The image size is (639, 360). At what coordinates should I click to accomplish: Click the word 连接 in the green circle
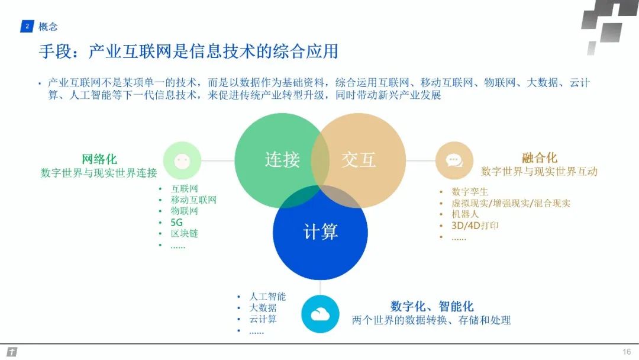(282, 160)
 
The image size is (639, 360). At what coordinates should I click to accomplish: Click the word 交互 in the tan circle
(359, 160)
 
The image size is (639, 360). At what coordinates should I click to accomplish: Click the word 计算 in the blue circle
(320, 232)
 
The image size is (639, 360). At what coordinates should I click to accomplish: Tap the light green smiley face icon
(182, 161)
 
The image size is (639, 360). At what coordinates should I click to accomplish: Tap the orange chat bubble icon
(454, 160)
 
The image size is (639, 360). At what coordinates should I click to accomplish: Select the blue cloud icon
(320, 314)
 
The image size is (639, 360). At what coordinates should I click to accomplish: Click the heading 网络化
(99, 159)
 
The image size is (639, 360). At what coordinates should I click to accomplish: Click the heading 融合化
(539, 158)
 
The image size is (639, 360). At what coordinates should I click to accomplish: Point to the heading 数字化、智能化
(432, 306)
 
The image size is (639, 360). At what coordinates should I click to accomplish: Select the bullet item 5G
(177, 223)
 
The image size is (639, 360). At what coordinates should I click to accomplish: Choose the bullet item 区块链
(185, 233)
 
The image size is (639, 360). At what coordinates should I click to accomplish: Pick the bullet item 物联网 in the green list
(185, 211)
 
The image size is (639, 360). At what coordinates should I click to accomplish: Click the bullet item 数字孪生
(470, 192)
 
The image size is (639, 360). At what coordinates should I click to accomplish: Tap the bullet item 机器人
(465, 214)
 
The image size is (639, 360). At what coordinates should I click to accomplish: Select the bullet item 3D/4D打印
(475, 226)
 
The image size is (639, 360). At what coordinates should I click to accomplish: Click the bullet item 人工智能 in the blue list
(267, 297)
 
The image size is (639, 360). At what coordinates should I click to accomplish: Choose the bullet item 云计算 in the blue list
(263, 319)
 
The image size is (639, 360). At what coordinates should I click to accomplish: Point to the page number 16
(627, 352)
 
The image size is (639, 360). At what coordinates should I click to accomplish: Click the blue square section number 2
(27, 27)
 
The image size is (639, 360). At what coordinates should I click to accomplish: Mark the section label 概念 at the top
(48, 27)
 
